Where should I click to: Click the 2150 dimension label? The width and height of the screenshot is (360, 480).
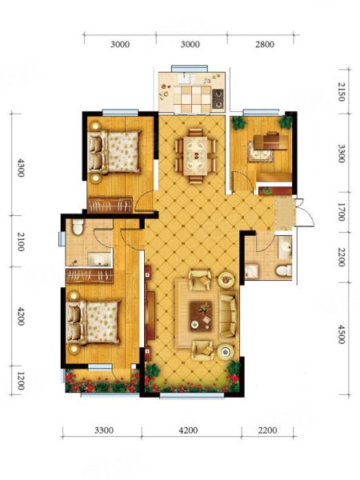(x=342, y=91)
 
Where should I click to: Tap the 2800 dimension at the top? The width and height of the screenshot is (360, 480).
(x=265, y=44)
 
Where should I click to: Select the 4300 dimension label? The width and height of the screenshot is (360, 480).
(x=21, y=167)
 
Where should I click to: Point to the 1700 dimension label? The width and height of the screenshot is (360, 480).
(x=342, y=212)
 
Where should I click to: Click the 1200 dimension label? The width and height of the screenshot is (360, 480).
(x=21, y=381)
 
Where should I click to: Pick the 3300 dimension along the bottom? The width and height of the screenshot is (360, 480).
(x=104, y=430)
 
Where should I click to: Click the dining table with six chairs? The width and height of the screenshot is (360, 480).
(x=196, y=156)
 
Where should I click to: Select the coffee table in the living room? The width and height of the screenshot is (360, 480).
(x=201, y=316)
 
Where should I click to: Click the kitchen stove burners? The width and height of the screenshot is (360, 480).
(x=218, y=98)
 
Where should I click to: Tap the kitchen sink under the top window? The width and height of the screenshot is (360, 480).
(x=185, y=78)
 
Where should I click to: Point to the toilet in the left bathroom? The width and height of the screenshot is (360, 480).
(x=78, y=227)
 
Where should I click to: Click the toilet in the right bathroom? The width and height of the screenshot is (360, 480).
(x=283, y=270)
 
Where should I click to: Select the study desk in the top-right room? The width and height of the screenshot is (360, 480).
(x=271, y=141)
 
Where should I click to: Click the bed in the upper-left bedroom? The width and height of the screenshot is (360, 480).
(x=114, y=152)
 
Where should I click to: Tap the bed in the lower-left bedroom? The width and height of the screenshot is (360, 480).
(x=94, y=322)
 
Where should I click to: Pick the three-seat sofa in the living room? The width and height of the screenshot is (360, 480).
(x=228, y=316)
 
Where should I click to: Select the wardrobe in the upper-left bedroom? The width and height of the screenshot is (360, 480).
(x=110, y=205)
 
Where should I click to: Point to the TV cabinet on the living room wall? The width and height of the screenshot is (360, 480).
(x=150, y=315)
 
